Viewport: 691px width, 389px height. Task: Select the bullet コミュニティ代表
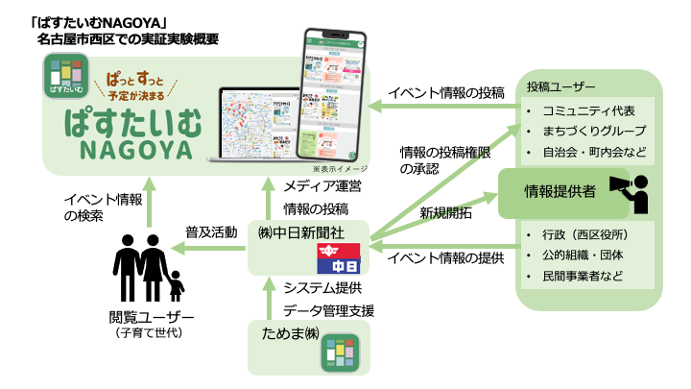point(586,109)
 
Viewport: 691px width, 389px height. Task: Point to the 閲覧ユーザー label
point(151,318)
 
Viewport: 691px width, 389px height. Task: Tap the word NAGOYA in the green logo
point(134,153)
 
